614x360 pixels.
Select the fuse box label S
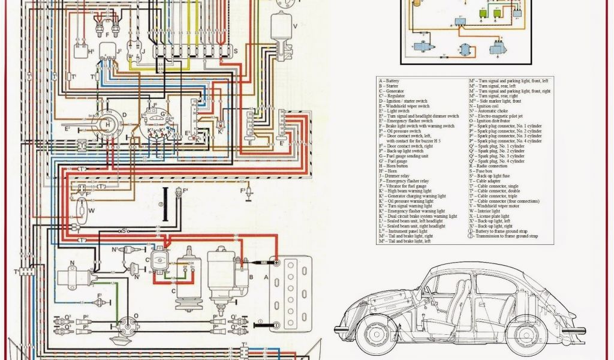(x=235, y=52)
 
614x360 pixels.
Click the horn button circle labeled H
(x=107, y=124)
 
